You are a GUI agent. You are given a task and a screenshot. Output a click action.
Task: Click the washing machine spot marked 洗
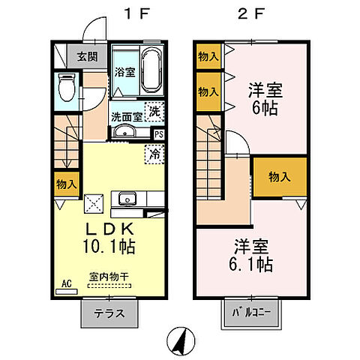154,112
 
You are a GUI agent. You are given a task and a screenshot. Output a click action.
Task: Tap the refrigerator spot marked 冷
153,156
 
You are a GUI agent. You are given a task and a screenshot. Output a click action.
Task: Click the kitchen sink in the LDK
125,200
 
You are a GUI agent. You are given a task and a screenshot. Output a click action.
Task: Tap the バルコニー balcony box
251,313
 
